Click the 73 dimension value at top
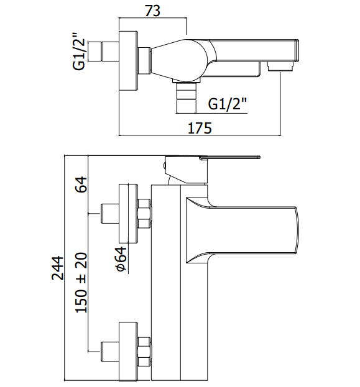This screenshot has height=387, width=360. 152,11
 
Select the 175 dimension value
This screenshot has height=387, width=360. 200,128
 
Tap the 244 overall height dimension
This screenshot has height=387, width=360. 58,268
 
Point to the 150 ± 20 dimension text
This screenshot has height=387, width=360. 81,283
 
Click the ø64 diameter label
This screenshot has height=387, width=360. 122,259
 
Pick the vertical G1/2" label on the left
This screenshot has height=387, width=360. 79,52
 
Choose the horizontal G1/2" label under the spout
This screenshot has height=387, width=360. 228,104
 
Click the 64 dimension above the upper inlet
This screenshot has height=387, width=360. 81,184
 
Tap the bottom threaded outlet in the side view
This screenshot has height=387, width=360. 186,98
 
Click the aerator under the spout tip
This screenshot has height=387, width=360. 280,66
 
